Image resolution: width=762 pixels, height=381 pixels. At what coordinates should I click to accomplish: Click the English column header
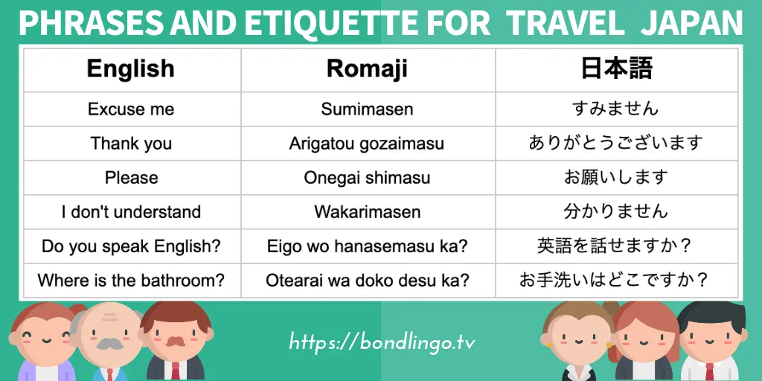pos(130,68)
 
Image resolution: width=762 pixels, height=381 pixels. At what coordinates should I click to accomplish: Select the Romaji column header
pos(367,69)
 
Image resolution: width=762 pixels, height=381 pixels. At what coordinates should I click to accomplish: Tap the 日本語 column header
pos(616,68)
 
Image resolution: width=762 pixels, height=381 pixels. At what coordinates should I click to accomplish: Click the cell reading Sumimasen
pos(367,109)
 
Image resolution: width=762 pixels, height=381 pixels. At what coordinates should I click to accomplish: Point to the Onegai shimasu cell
pos(367,178)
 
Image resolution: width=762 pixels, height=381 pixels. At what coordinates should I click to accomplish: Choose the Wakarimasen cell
pos(367,212)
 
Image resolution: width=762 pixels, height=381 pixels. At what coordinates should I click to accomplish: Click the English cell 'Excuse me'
pos(131,109)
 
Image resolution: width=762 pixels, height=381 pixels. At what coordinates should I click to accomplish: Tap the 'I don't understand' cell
pos(131,212)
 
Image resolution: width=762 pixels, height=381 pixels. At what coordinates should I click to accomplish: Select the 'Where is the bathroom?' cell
pos(131,281)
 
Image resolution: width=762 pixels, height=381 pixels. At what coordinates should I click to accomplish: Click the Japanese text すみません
pos(615,109)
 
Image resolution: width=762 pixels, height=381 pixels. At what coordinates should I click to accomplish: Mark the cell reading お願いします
pos(615,177)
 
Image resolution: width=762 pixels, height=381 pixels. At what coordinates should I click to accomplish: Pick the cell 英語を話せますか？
pos(615,246)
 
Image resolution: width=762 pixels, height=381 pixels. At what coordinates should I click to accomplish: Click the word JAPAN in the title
pos(691,24)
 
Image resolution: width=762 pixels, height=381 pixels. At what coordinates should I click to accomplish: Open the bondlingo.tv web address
pos(382,342)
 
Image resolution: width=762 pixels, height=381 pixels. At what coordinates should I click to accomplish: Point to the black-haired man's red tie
pos(709,372)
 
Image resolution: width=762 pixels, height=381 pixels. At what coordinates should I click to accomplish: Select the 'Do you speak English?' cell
pos(131,246)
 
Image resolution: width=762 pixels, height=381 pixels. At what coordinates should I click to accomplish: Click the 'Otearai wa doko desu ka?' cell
pos(367,281)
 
